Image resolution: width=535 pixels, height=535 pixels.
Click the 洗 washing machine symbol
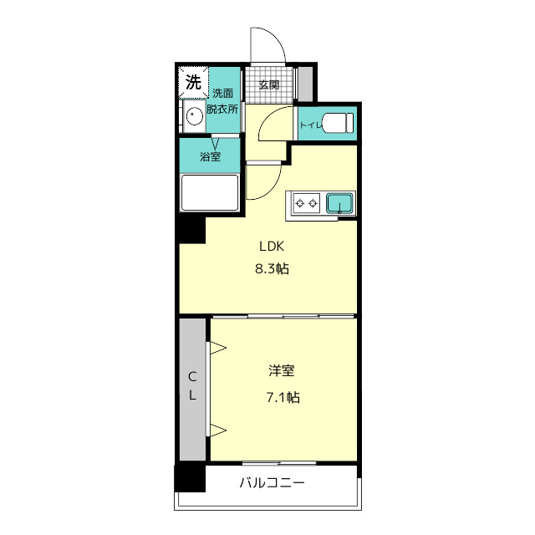coord(193,82)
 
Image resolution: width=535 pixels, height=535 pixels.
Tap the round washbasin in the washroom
coord(195,116)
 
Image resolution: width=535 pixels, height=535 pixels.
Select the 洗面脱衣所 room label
coord(222,101)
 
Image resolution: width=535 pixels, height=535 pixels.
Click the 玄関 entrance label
coord(269,84)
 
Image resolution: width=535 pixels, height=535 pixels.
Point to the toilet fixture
coord(337,123)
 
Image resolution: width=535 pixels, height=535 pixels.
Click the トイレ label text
coord(311,125)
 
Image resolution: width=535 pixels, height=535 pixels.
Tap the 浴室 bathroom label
coord(210,157)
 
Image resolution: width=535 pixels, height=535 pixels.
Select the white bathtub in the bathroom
coord(210,193)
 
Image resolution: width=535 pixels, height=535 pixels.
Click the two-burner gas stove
coord(307,203)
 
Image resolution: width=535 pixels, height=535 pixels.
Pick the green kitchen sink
coord(339,203)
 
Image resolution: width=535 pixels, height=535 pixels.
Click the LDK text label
coord(272,247)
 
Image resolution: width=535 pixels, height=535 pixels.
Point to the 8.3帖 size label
coord(273,269)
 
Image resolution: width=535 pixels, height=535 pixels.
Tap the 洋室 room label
coord(282,371)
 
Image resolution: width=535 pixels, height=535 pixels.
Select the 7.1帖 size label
coord(283,397)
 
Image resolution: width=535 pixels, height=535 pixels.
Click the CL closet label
coord(192,386)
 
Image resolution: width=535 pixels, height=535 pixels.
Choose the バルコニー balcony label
coord(272,483)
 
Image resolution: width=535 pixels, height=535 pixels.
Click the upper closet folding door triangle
coord(217,348)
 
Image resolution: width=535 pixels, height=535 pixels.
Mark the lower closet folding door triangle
coord(217,430)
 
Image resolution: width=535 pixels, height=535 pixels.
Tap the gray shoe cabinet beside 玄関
coord(305,84)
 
